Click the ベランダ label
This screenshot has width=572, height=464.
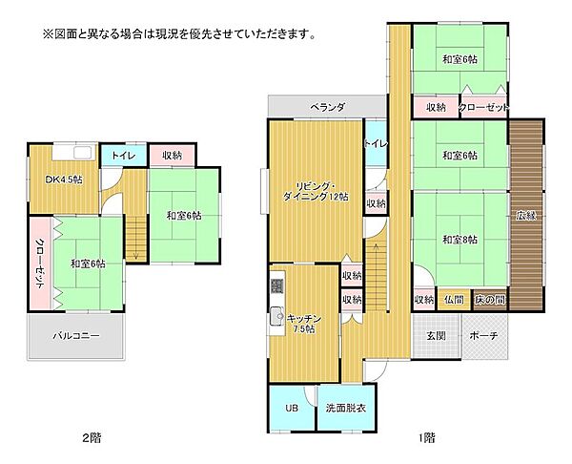[x=327, y=108]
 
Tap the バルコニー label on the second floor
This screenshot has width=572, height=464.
[x=75, y=337]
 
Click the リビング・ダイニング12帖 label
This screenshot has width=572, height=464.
[x=315, y=190]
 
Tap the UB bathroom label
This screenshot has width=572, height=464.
[x=291, y=409]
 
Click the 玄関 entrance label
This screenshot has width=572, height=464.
[x=436, y=335]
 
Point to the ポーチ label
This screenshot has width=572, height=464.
[x=483, y=335]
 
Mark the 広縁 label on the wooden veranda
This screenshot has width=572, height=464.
[x=525, y=215]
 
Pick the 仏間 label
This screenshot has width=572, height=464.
[x=454, y=300]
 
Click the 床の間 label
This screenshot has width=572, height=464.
[x=490, y=300]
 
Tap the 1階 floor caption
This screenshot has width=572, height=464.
[x=426, y=437]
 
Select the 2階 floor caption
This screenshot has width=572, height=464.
[x=91, y=437]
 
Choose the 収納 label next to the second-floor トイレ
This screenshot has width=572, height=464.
[x=173, y=155]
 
